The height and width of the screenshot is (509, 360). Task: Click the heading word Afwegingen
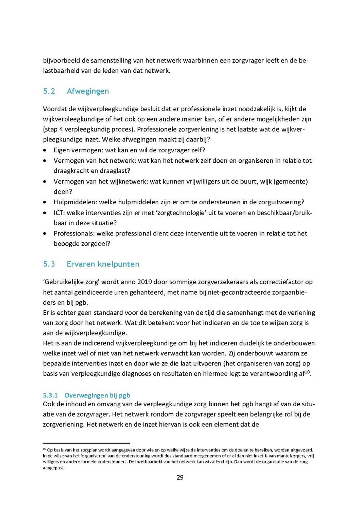(x=88, y=91)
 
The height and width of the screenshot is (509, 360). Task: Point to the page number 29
(x=180, y=477)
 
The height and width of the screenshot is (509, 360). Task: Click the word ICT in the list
(x=59, y=212)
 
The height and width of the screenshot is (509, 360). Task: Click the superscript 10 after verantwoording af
(x=308, y=372)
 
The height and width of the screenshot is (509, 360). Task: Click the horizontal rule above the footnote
(x=86, y=443)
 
